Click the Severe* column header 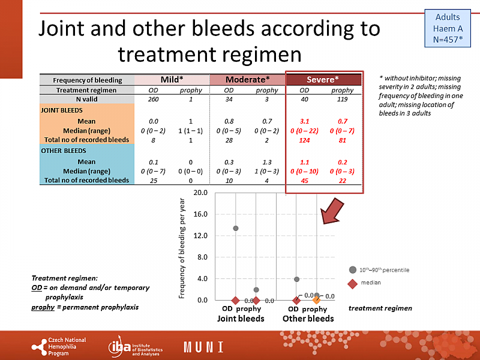(x=323, y=80)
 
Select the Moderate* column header (x=247, y=80)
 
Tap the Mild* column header (x=172, y=80)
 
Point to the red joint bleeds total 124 (x=305, y=140)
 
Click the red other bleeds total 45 (x=305, y=180)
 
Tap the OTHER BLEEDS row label (x=64, y=151)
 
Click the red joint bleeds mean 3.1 (x=305, y=121)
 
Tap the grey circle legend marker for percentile (x=353, y=270)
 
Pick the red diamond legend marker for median (x=353, y=283)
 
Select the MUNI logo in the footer (x=203, y=347)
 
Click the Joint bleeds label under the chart (x=241, y=319)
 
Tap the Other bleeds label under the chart (x=308, y=319)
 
